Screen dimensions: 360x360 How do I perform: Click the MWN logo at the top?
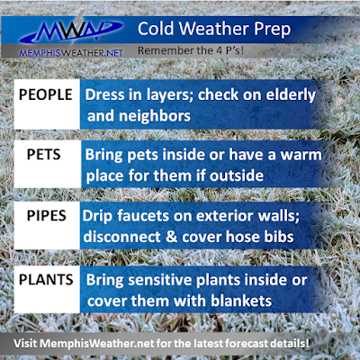tap(70, 30)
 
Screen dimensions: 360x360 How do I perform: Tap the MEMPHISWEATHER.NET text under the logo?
tap(71, 53)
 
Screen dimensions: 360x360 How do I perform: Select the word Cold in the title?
tap(156, 29)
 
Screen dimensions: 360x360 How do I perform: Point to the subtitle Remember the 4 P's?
tap(191, 50)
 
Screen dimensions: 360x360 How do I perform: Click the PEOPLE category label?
tap(46, 94)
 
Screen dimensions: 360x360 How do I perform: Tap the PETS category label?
tap(44, 155)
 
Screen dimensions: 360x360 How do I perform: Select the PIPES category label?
tap(47, 216)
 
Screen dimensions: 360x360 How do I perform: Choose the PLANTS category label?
tap(46, 280)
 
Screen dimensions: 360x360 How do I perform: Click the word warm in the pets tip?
tap(301, 156)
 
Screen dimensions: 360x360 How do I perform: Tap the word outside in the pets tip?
tap(237, 175)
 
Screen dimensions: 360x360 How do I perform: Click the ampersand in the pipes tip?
tap(171, 237)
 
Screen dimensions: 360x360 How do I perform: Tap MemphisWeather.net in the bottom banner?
tap(97, 344)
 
